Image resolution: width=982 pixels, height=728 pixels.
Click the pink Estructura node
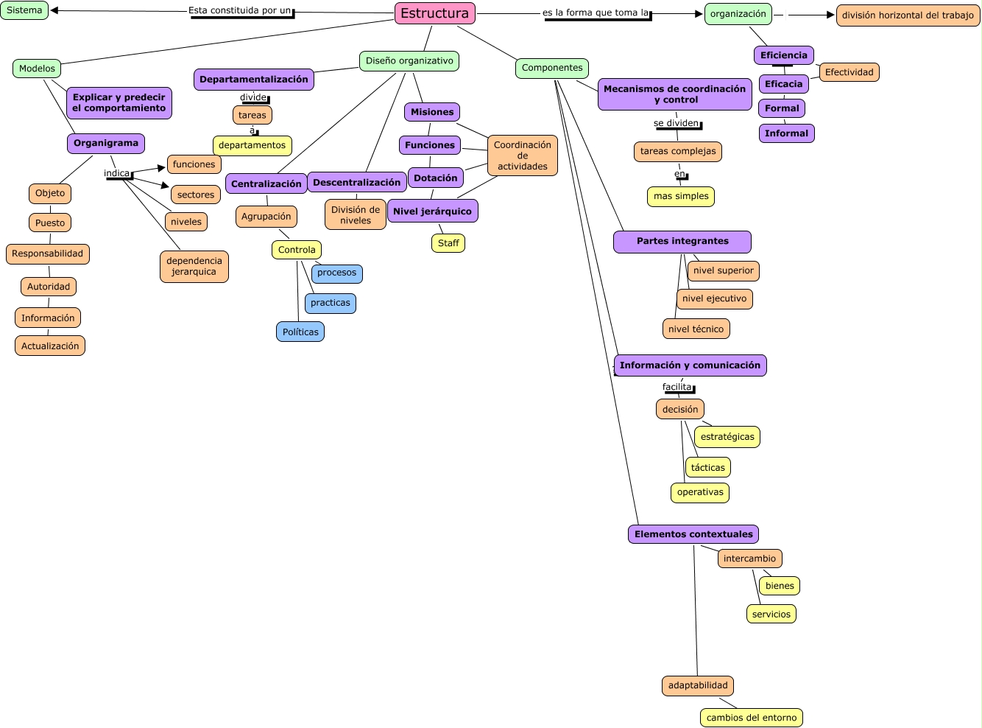[434, 13]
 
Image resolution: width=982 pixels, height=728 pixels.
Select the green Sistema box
[24, 10]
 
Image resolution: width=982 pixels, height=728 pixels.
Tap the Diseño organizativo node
[409, 61]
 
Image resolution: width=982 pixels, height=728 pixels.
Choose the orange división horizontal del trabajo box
[908, 15]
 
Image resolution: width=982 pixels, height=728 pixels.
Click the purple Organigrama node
[106, 143]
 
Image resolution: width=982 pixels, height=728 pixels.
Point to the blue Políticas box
[300, 332]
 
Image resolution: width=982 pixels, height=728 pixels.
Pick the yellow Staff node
[448, 243]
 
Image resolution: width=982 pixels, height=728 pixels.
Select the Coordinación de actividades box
[523, 155]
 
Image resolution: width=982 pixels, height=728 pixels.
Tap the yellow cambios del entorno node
[752, 718]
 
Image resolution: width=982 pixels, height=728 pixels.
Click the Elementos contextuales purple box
[693, 534]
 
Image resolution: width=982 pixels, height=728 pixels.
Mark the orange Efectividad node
[849, 72]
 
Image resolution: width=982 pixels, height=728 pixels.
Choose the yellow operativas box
[700, 492]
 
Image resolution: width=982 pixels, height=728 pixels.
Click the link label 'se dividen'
[677, 123]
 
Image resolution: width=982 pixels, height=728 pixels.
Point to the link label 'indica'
[117, 173]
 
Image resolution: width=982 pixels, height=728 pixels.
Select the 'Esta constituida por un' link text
[240, 10]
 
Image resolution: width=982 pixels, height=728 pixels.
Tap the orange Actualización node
[50, 346]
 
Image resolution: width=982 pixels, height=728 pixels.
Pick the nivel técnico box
[696, 329]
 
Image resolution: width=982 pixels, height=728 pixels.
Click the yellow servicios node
[771, 614]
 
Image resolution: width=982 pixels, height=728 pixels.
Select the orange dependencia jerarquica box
[194, 266]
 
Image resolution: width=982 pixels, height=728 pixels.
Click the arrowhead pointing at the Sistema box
[54, 10]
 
